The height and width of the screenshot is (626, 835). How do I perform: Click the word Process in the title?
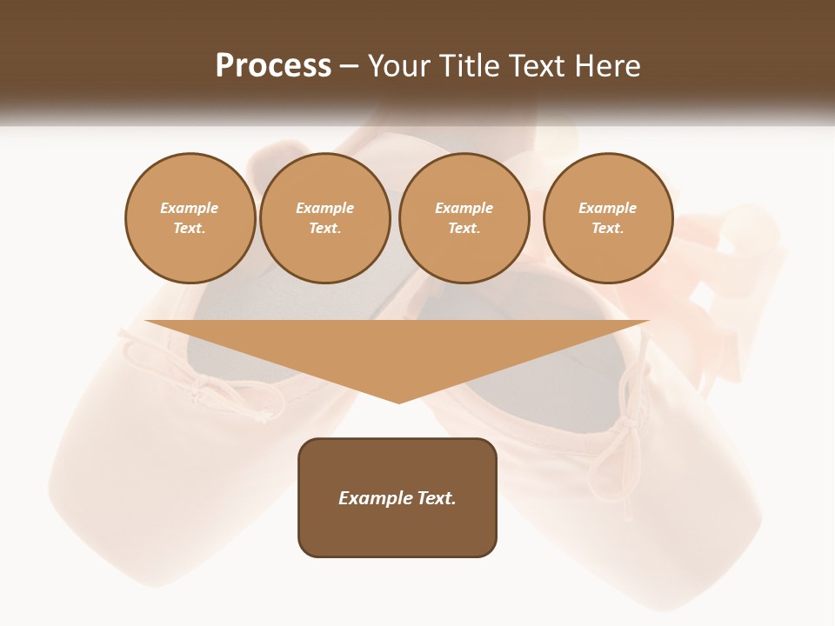click(x=273, y=65)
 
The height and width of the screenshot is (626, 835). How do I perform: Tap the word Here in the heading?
click(x=608, y=66)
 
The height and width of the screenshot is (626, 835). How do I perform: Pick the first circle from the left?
click(x=190, y=218)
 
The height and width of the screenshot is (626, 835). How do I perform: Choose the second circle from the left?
click(x=325, y=218)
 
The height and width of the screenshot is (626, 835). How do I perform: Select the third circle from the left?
click(x=464, y=218)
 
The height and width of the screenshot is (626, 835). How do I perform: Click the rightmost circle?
click(x=608, y=218)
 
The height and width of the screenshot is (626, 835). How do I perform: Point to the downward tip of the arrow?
click(x=398, y=402)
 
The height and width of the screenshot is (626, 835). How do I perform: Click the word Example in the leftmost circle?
click(x=190, y=208)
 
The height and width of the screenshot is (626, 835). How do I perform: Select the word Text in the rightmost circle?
click(x=608, y=228)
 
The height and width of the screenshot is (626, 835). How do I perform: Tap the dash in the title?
click(x=349, y=66)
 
